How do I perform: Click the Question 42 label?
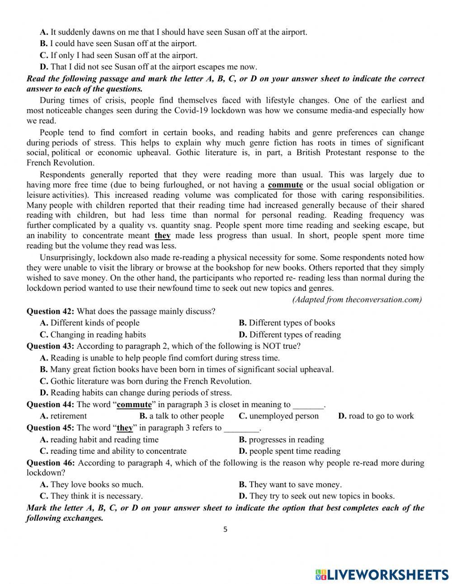point(50,311)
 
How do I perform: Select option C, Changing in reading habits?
point(93,335)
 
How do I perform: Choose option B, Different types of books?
point(287,323)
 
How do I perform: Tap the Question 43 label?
point(50,346)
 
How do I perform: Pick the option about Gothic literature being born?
point(146,381)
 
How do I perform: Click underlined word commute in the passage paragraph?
point(285,185)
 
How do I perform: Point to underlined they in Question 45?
point(125,428)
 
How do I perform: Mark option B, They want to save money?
point(290,484)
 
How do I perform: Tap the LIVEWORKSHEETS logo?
point(382,574)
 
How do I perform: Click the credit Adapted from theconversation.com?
point(357,299)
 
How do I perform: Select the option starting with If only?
point(119,56)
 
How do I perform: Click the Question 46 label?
point(50,463)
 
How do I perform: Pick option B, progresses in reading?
point(282,440)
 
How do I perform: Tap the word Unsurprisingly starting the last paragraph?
point(67,257)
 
